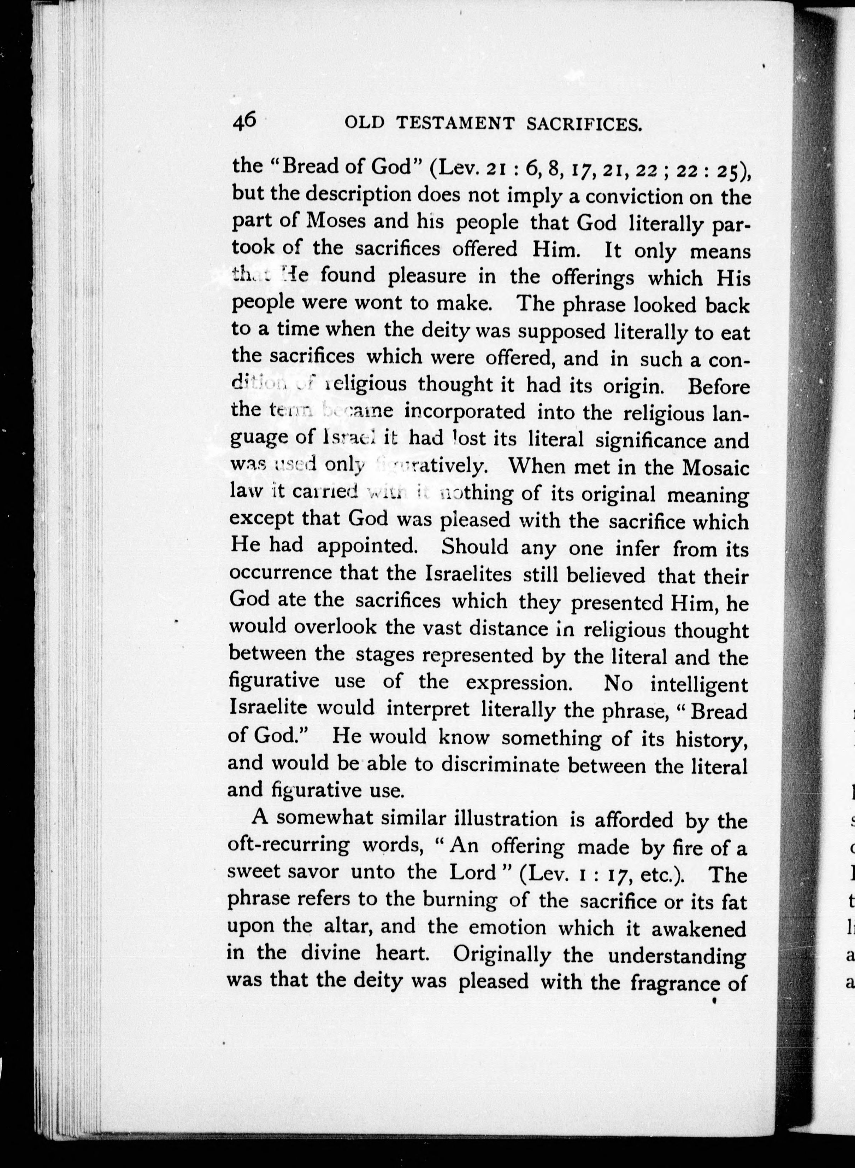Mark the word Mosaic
coord(716,467)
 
